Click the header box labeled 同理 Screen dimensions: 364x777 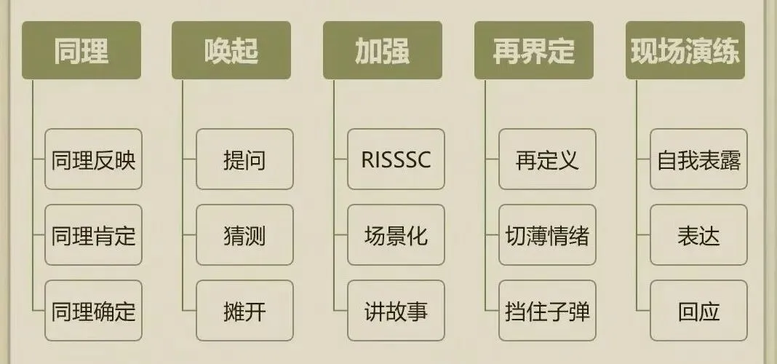[81, 50]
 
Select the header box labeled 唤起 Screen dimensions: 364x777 [231, 50]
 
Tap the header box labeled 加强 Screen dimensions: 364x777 [383, 50]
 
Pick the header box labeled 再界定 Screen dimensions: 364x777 [534, 50]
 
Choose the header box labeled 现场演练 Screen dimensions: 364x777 [685, 50]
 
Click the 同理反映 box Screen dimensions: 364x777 [93, 159]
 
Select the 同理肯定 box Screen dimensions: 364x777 [93, 235]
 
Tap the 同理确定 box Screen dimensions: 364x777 [93, 311]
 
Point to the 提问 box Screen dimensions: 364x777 [244, 159]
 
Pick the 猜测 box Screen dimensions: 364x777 [244, 235]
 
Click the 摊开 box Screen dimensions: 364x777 [244, 311]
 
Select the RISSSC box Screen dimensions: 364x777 [396, 159]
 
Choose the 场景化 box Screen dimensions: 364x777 [396, 235]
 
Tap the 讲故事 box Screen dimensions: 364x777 [396, 311]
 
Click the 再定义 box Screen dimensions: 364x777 [547, 159]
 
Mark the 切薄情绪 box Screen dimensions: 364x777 [547, 235]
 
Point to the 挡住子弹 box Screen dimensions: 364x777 [547, 311]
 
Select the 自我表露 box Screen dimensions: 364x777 [698, 159]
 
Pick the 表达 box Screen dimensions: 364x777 [698, 235]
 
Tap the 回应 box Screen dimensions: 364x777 [698, 311]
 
